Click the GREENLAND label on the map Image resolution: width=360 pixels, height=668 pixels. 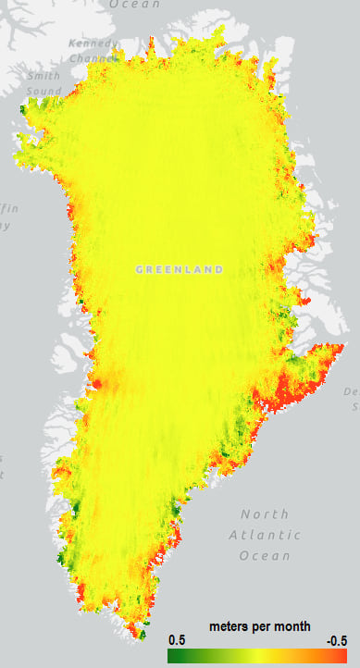pyautogui.click(x=180, y=269)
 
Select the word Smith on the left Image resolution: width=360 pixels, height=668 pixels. pyautogui.click(x=43, y=77)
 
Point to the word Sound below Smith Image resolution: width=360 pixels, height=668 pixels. pyautogui.click(x=43, y=92)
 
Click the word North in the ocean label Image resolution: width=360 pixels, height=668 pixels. pyautogui.click(x=265, y=513)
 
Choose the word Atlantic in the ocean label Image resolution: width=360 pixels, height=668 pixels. pyautogui.click(x=265, y=535)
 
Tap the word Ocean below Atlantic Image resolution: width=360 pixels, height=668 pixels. pyautogui.click(x=265, y=556)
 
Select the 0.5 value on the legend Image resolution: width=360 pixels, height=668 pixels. pyautogui.click(x=177, y=640)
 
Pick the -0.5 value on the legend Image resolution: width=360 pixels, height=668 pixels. pyautogui.click(x=337, y=640)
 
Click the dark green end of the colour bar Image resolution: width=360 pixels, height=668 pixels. pyautogui.click(x=172, y=656)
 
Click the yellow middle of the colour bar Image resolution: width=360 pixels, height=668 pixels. pyautogui.click(x=257, y=656)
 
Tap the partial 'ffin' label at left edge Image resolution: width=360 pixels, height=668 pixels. pyautogui.click(x=8, y=209)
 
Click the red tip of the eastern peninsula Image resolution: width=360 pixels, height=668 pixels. pyautogui.click(x=339, y=350)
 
